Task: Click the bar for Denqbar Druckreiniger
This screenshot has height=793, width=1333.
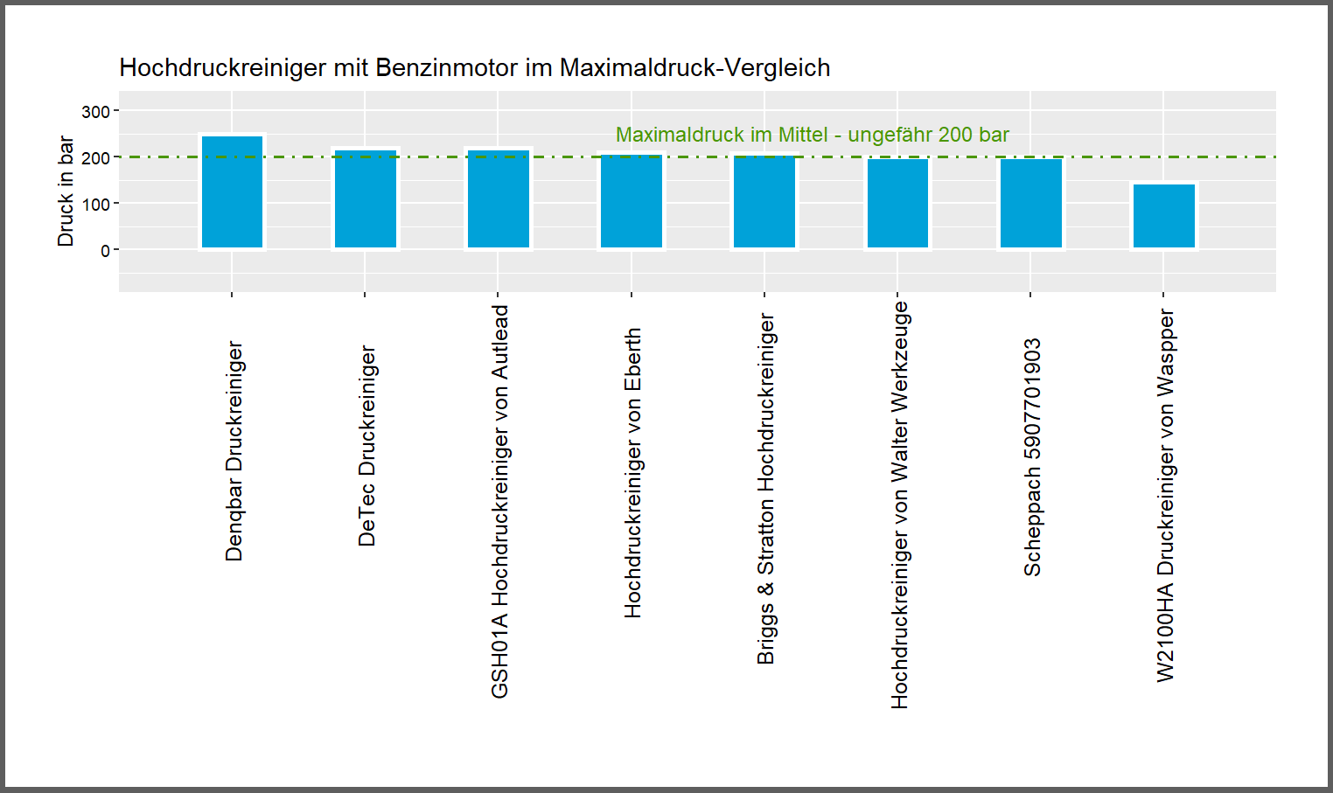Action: click(232, 192)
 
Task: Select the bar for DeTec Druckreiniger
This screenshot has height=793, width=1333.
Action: click(366, 199)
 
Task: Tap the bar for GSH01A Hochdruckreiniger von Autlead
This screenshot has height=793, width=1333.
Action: click(499, 199)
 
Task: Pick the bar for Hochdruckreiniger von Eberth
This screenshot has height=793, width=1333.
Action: click(632, 202)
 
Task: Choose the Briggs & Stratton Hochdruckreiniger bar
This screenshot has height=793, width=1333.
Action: click(764, 202)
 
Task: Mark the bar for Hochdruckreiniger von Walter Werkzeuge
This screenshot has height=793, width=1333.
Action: click(897, 204)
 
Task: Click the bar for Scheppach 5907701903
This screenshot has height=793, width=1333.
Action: click(1031, 204)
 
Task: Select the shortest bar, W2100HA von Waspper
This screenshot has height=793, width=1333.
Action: click(1164, 216)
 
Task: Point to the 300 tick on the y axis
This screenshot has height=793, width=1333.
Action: click(95, 112)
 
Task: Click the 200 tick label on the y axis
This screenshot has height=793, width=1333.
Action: click(95, 158)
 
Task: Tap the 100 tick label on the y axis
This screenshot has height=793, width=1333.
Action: click(95, 205)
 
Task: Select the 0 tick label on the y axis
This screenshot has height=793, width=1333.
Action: click(105, 251)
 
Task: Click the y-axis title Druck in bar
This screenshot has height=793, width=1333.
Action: click(66, 191)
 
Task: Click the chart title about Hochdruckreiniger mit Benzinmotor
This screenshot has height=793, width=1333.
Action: click(474, 68)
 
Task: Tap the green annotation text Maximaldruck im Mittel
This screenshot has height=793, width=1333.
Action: click(812, 135)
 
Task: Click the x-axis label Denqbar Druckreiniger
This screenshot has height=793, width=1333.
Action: click(234, 450)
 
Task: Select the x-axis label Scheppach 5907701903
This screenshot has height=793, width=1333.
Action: click(1032, 457)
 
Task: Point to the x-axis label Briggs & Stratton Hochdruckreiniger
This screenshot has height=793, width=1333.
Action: click(765, 489)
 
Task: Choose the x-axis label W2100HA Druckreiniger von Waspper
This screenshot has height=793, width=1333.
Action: click(1165, 495)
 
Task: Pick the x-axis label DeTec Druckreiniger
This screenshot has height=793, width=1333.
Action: click(366, 446)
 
